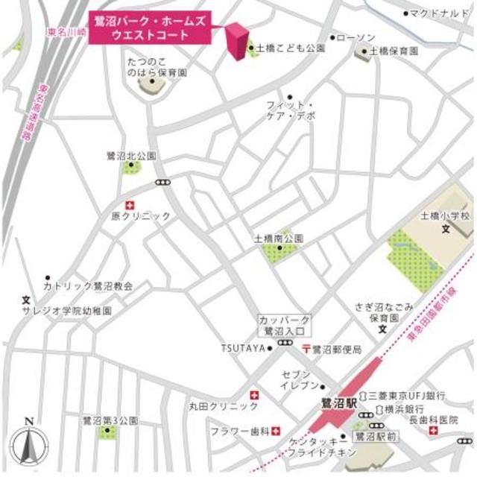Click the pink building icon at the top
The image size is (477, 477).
pos(238,41)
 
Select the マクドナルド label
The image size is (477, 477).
pos(440,13)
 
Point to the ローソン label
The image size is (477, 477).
pos(355,37)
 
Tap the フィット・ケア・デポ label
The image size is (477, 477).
pos(291,110)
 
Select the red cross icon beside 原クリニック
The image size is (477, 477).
pos(131,204)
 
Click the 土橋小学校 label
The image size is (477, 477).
pos(446,216)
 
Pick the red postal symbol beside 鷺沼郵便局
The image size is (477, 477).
pos(306,348)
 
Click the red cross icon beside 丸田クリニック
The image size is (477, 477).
pos(255,395)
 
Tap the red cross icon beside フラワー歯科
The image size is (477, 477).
pos(277,430)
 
